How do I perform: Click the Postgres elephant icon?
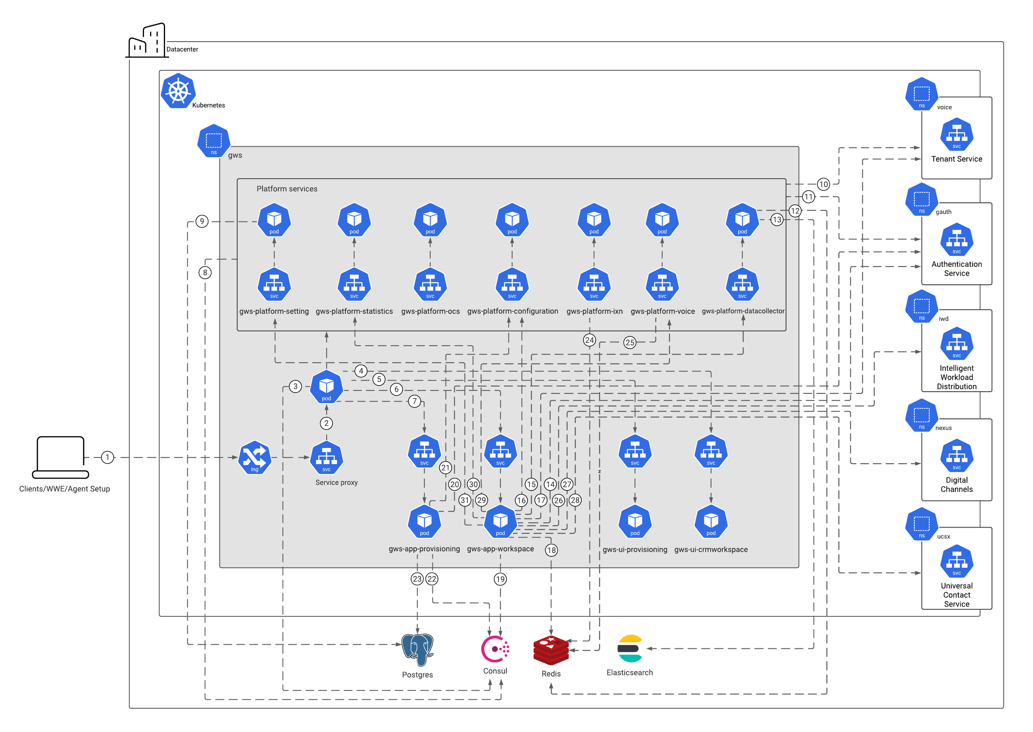[417, 649]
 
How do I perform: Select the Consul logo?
[495, 649]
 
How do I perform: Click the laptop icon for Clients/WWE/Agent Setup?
[60, 457]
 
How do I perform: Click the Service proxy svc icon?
[326, 458]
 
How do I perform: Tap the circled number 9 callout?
[202, 221]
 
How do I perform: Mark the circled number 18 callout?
[551, 550]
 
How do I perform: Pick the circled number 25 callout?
[629, 343]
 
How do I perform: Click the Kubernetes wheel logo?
[178, 91]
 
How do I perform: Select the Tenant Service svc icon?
[957, 134]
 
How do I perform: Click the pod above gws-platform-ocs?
[430, 220]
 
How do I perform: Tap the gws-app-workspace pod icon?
[500, 521]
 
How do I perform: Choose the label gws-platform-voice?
[662, 311]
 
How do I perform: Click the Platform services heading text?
[287, 189]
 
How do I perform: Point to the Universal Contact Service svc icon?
[957, 561]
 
